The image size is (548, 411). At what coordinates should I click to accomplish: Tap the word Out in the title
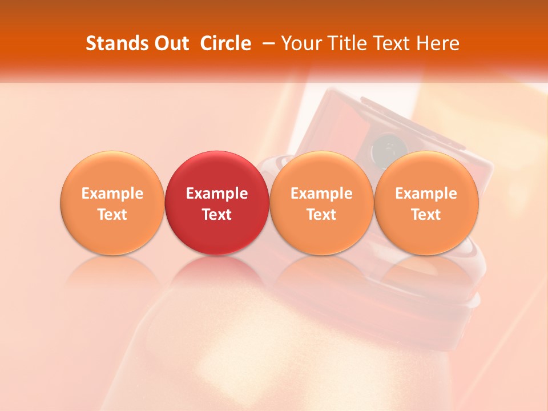coord(170,43)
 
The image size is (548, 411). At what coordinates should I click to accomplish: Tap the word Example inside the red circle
coord(217,194)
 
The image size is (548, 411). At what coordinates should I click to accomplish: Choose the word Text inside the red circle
coord(217,215)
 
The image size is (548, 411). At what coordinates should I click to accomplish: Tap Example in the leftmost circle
coord(112,194)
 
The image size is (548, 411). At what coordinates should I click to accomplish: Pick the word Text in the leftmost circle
coord(112,215)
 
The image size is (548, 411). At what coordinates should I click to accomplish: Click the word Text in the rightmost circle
coord(426,215)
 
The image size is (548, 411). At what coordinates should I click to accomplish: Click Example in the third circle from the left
coord(321,194)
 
